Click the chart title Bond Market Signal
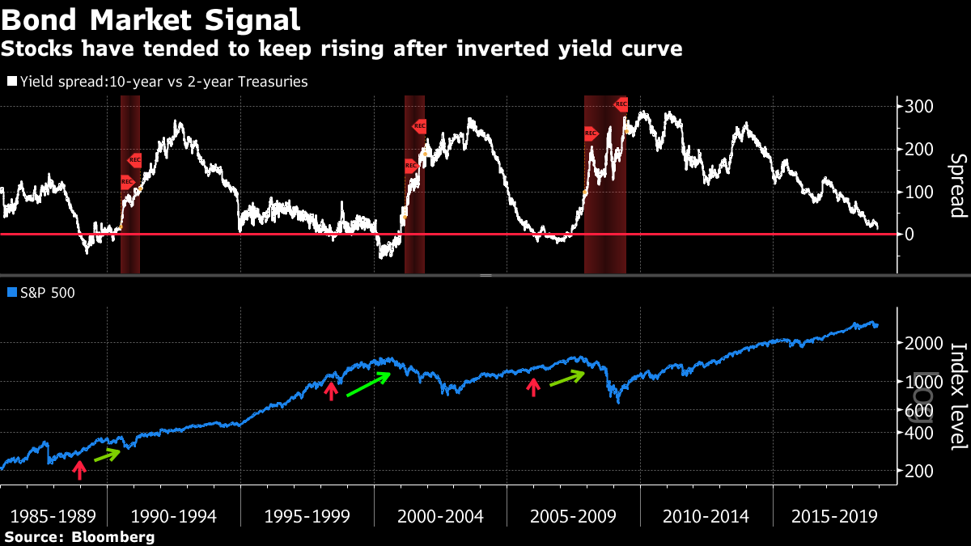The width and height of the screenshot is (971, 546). pos(151,19)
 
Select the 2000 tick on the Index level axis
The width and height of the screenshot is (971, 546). pos(925,343)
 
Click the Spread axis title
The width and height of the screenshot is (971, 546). pos(958,186)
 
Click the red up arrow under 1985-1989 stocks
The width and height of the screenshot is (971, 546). pos(78,470)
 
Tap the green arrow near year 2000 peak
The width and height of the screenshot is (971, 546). pos(369,384)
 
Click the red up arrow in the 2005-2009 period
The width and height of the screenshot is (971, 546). pos(532,387)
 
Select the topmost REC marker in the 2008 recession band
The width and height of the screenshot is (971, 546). pos(621,104)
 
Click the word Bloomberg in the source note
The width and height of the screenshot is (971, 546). pos(112,536)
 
